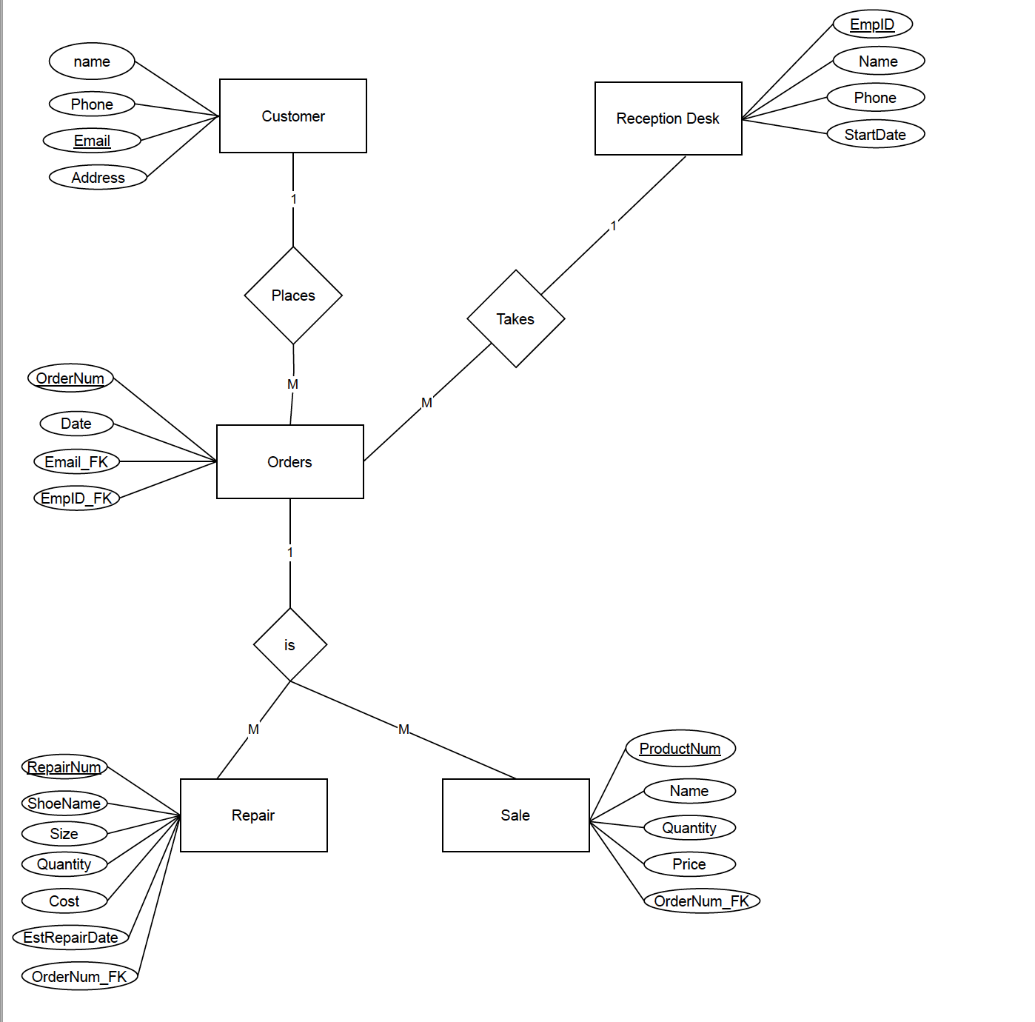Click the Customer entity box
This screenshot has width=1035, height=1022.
point(292,116)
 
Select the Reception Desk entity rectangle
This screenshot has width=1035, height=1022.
point(668,118)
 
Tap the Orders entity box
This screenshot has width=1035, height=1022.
point(289,462)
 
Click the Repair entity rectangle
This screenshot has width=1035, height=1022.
point(253,815)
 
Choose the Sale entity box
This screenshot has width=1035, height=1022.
point(515,815)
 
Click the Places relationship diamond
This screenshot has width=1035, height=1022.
point(293,295)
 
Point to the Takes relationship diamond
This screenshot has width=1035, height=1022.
point(515,319)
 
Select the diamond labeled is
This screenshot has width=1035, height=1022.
point(289,645)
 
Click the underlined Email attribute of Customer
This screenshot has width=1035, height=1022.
point(92,141)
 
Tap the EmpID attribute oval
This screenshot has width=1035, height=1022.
point(872,24)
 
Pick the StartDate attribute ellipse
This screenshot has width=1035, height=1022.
point(875,135)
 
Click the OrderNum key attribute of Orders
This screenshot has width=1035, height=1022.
point(70,378)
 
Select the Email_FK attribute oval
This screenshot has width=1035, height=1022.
point(76,462)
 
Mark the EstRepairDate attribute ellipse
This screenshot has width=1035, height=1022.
point(70,938)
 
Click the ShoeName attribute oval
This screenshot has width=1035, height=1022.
point(64,804)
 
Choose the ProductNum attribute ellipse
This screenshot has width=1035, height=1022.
point(680,749)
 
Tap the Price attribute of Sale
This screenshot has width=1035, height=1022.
point(689,864)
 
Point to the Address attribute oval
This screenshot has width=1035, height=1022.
point(98,178)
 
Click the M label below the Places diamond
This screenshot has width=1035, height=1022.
point(292,384)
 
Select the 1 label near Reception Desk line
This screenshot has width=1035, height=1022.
point(613,226)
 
